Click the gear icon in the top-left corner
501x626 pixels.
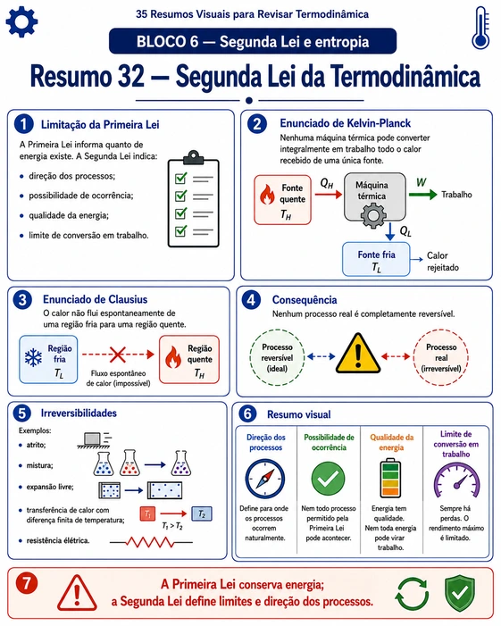point(21,21)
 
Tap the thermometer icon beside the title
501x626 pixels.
point(480,28)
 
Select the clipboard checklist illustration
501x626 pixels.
point(194,199)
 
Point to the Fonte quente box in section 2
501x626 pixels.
point(282,200)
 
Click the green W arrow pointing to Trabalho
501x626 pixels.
point(422,195)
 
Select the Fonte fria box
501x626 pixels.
point(376,259)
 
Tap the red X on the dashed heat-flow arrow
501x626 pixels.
point(117,355)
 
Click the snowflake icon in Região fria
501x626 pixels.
point(33,357)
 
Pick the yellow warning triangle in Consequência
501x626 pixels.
point(358,354)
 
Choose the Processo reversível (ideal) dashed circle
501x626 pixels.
point(277,357)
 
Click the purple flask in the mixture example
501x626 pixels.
point(180,463)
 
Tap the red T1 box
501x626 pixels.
point(147,513)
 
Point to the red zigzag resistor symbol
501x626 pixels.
point(151,542)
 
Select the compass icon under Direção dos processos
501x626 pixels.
point(265,479)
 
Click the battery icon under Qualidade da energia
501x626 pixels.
point(390,478)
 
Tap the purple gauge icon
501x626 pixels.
point(456,480)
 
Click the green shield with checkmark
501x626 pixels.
point(460,594)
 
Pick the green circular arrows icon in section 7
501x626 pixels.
point(412,595)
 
